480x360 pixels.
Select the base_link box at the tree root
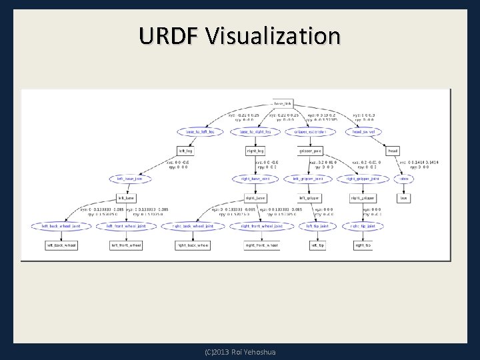click(x=283, y=103)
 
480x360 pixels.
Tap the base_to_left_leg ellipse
click(x=200, y=131)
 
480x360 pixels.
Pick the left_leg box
click(x=186, y=151)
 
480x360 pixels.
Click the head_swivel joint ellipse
click(x=363, y=131)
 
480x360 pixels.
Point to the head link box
click(x=393, y=151)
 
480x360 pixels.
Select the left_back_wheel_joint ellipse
click(x=61, y=226)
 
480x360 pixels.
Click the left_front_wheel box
click(x=125, y=245)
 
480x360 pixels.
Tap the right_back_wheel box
click(x=192, y=245)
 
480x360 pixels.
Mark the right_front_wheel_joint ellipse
click(x=261, y=226)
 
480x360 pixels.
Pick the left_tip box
click(x=319, y=245)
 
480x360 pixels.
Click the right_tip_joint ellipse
click(x=363, y=226)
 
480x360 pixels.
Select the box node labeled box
click(x=403, y=198)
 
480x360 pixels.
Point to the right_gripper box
click(x=363, y=198)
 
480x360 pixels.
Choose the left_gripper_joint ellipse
click(x=309, y=179)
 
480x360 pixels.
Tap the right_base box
click(x=255, y=198)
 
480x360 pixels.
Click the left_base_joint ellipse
click(x=130, y=179)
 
